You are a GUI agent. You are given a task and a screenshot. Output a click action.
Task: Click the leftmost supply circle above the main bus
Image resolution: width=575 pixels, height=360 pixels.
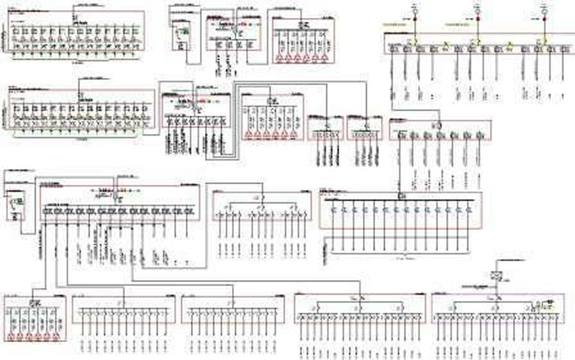[x=413, y=11]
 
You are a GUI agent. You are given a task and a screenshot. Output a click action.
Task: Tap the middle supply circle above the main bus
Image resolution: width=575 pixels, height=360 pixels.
[x=477, y=11]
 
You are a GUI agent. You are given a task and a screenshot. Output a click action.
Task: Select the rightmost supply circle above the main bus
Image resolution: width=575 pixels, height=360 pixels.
[x=544, y=11]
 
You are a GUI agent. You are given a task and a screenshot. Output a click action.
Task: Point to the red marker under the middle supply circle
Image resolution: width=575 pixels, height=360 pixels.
[x=477, y=19]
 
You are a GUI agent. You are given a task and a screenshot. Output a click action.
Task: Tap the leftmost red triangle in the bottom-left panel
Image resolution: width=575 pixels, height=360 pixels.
[x=11, y=335]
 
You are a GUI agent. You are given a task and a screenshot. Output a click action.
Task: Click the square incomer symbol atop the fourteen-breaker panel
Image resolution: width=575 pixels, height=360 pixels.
[x=401, y=194]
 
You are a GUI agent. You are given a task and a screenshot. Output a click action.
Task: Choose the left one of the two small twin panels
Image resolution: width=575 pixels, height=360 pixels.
[x=325, y=128]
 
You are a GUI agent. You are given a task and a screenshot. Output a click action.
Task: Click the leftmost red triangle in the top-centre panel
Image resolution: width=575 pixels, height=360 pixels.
[x=279, y=57]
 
